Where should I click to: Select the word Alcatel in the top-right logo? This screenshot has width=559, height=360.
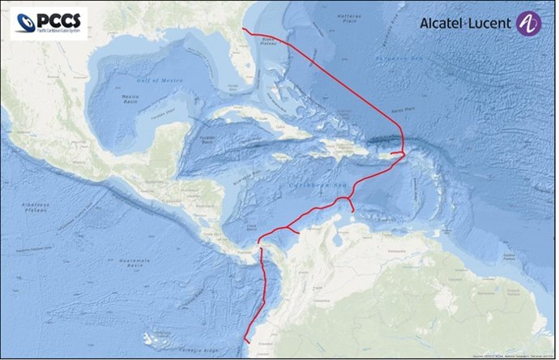(446, 24)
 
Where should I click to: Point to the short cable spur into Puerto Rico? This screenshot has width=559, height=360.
(396, 152)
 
